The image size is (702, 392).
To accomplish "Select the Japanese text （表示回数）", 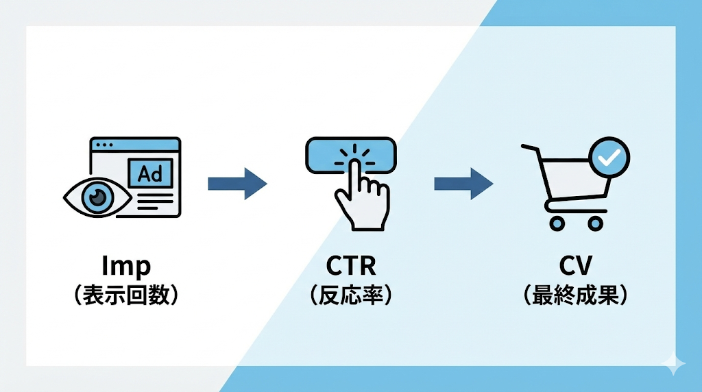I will (x=126, y=295).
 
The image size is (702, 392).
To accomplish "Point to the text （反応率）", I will (x=351, y=295).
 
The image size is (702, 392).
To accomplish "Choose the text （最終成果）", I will (x=574, y=295).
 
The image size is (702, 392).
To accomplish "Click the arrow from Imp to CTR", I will (x=237, y=183).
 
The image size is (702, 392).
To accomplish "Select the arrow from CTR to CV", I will (x=463, y=183).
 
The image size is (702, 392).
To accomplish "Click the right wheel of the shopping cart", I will (x=595, y=223).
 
